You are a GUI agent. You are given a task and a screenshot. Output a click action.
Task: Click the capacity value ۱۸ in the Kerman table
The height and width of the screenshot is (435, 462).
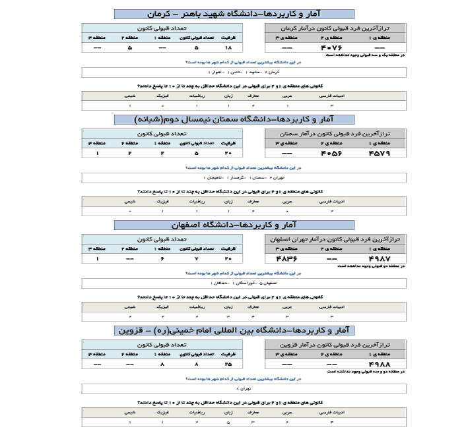(x=229, y=48)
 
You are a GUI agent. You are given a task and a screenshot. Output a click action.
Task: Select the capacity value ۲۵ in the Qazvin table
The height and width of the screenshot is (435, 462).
(x=229, y=363)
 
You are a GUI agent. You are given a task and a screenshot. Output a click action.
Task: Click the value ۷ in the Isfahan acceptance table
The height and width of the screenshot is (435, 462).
(x=196, y=259)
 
